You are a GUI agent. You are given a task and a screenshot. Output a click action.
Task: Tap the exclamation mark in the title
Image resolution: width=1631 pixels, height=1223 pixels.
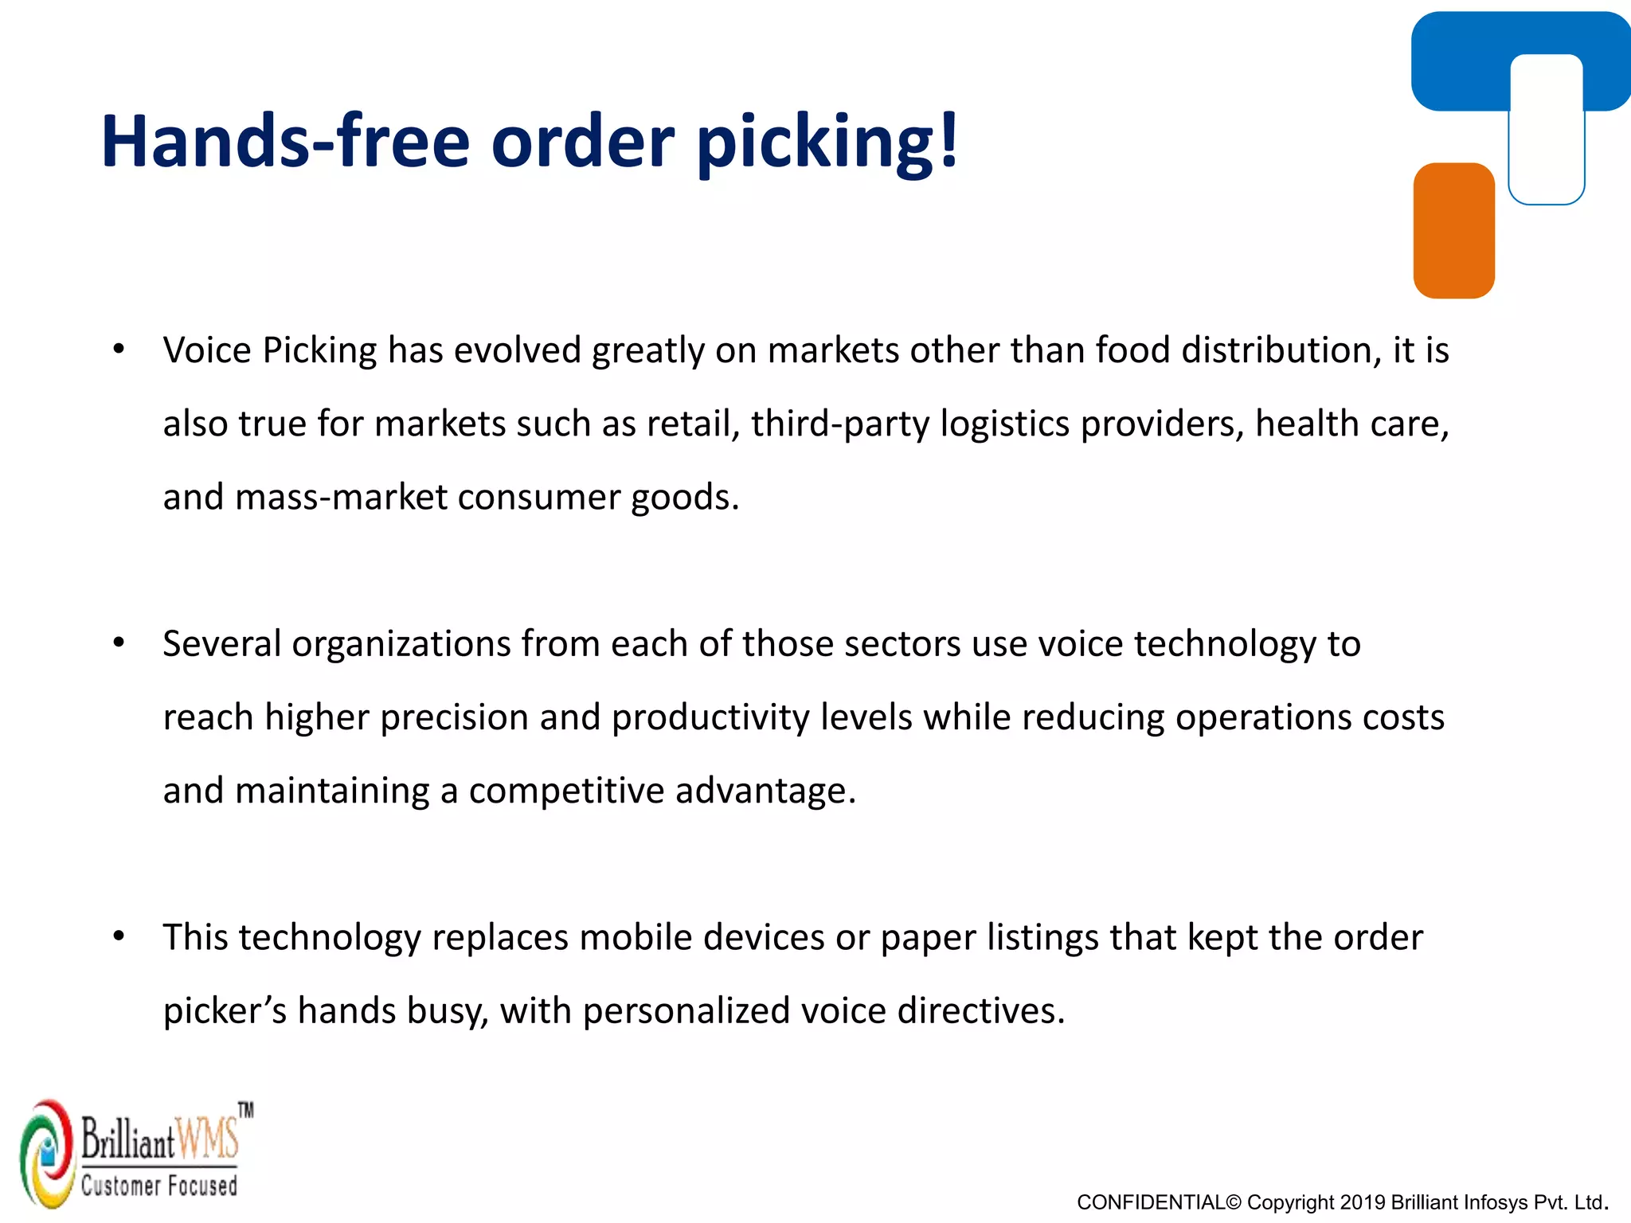pyautogui.click(x=948, y=139)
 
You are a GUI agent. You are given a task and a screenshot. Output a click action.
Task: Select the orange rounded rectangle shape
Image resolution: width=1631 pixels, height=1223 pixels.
pyautogui.click(x=1453, y=231)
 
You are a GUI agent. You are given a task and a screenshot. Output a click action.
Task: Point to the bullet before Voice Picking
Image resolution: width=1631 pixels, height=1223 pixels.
pyautogui.click(x=119, y=349)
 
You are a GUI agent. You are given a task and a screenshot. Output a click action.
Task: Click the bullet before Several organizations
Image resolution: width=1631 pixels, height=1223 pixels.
pyautogui.click(x=119, y=643)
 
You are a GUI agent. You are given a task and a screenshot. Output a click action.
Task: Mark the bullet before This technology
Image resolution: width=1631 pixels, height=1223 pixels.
pyautogui.click(x=119, y=936)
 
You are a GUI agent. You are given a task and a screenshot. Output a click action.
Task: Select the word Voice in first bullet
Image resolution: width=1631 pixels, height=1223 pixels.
pyautogui.click(x=207, y=350)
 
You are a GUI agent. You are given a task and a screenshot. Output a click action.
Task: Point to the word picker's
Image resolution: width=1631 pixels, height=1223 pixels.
pyautogui.click(x=225, y=1011)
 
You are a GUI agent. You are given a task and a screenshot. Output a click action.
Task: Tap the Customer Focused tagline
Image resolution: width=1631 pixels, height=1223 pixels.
pyautogui.click(x=159, y=1186)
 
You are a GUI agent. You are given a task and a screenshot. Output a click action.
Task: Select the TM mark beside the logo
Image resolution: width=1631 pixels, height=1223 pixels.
pyautogui.click(x=246, y=1110)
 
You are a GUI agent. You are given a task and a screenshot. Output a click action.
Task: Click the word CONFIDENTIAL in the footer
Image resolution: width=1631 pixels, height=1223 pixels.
pyautogui.click(x=1150, y=1202)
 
